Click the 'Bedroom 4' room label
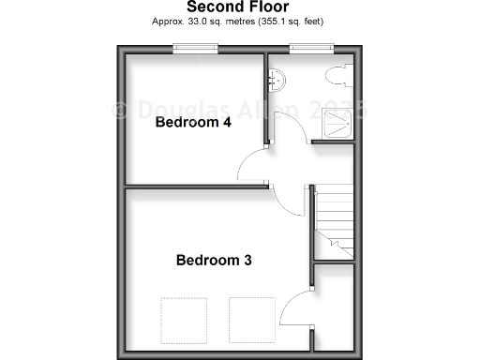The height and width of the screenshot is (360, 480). pyautogui.click(x=193, y=122)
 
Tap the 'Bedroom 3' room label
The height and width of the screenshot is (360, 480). pyautogui.click(x=214, y=260)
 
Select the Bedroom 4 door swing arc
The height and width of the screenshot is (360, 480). pyautogui.click(x=251, y=169)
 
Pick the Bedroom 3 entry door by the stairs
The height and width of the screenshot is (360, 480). pyautogui.click(x=292, y=201)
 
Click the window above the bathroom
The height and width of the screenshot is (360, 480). pyautogui.click(x=310, y=48)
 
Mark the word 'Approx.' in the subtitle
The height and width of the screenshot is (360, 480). pyautogui.click(x=168, y=20)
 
